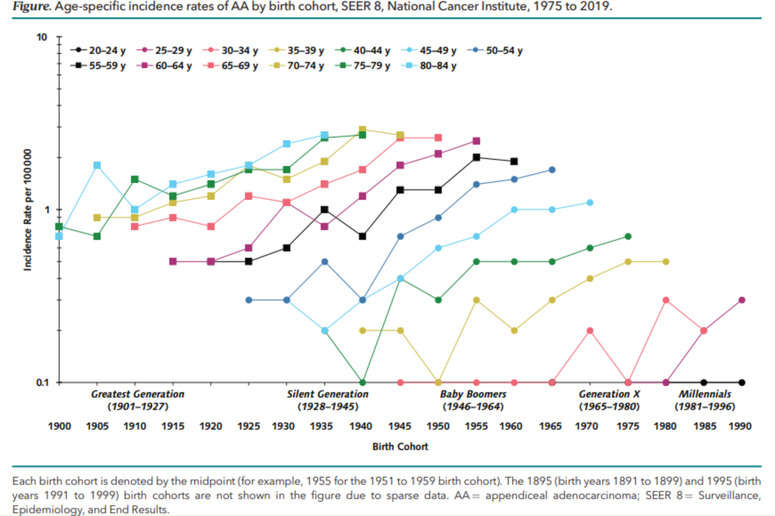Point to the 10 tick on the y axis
point(42,37)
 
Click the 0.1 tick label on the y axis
point(42,382)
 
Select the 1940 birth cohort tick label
point(361,426)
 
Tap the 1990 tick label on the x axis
point(740,426)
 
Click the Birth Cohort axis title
point(400,447)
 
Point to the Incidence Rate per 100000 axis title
point(28,210)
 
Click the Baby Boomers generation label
point(473,395)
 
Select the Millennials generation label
point(705,395)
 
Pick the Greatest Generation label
point(138,395)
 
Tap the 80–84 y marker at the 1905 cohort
point(97,166)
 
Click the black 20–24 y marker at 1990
point(742,382)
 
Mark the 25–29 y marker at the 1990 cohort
point(742,300)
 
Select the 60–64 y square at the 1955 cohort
point(476,141)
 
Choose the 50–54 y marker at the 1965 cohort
point(552,170)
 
